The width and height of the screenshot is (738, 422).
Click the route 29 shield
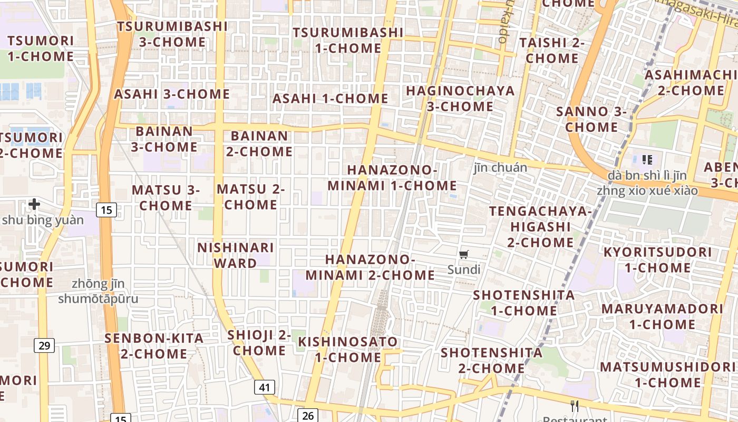(x=44, y=346)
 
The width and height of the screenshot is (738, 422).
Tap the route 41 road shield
(x=264, y=388)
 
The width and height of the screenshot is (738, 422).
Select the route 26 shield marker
(x=308, y=416)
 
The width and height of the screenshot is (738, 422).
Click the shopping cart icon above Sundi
(x=464, y=255)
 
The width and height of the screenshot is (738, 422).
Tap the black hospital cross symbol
(x=34, y=204)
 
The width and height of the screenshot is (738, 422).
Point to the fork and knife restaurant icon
(x=575, y=406)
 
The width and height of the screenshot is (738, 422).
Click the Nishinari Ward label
(x=236, y=255)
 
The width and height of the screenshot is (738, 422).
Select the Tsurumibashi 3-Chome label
(x=172, y=34)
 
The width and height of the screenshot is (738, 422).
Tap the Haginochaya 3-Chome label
(x=460, y=98)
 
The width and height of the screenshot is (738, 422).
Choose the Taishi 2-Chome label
(x=552, y=50)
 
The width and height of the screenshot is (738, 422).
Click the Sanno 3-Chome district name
(x=591, y=119)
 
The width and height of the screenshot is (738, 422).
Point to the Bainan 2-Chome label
(x=259, y=143)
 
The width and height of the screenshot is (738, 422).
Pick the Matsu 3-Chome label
(x=166, y=197)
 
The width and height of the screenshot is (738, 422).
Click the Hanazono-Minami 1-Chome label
(x=392, y=178)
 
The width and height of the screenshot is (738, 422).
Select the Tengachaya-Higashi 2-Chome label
(x=540, y=227)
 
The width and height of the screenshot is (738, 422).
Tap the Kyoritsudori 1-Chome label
(x=657, y=260)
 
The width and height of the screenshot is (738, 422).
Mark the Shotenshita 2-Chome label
(x=491, y=360)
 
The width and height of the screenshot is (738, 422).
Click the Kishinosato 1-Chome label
(x=348, y=349)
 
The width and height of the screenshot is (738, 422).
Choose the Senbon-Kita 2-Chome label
(x=154, y=346)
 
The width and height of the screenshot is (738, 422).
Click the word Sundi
(x=464, y=270)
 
